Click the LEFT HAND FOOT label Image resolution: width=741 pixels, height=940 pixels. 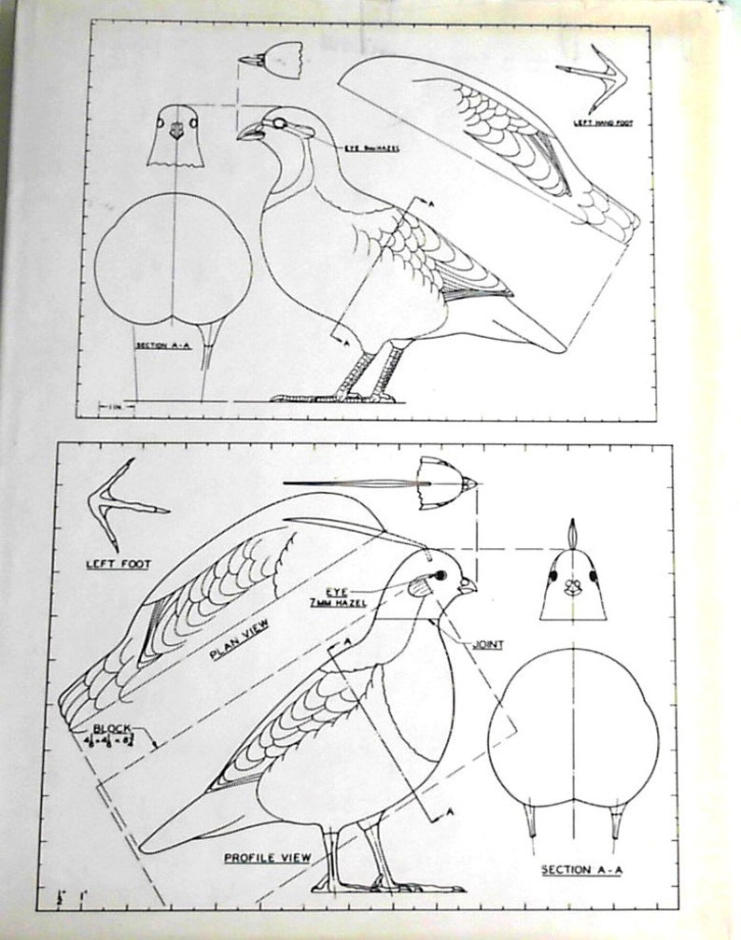(x=595, y=121)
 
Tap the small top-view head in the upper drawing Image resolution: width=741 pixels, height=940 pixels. (x=274, y=61)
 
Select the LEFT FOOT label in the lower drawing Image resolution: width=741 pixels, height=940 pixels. (x=118, y=564)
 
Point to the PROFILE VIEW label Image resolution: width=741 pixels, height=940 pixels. (x=267, y=856)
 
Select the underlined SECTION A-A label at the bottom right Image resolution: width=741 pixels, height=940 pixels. (x=579, y=869)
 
